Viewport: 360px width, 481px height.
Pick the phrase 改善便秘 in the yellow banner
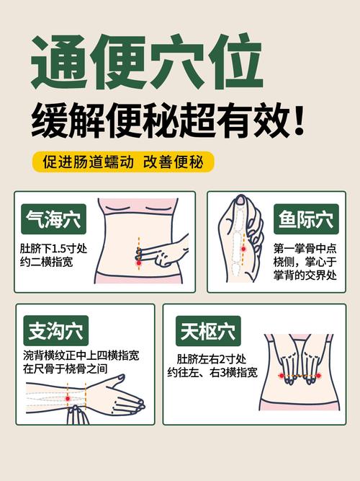pyautogui.click(x=172, y=162)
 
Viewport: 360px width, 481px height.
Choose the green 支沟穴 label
pyautogui.click(x=55, y=332)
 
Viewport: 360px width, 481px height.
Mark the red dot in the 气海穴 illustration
pyautogui.click(x=138, y=264)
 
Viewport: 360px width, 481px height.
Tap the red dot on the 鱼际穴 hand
pyautogui.click(x=243, y=250)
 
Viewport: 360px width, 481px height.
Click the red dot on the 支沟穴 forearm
pyautogui.click(x=68, y=397)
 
